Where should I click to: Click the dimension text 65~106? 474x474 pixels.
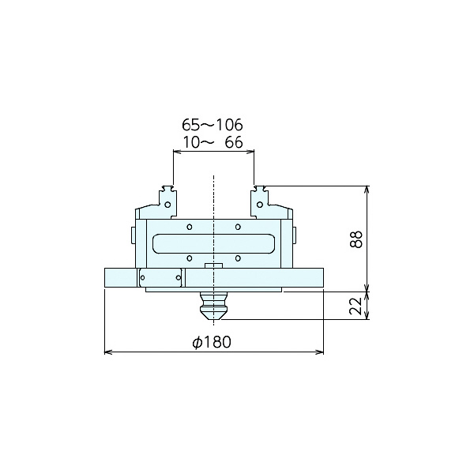[x=213, y=125]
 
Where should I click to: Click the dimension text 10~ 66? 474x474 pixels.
[x=213, y=142]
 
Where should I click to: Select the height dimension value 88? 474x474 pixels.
[x=356, y=239]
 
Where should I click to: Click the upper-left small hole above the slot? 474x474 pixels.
[x=189, y=227]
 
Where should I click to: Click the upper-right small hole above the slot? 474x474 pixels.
[x=238, y=227]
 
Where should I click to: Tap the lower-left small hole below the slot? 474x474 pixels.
[x=189, y=258]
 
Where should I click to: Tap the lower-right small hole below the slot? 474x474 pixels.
[x=238, y=258]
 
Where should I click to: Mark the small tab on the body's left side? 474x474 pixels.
[x=133, y=235]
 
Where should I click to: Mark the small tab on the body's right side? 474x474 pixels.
[x=295, y=235]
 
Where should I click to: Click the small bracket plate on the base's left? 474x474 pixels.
[x=161, y=278]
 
